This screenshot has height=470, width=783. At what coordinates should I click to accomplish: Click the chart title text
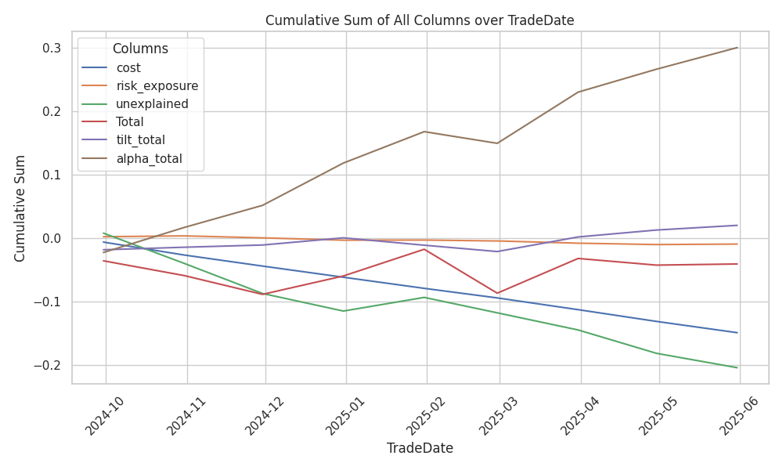[x=420, y=20]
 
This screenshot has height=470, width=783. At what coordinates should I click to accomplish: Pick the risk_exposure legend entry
[x=157, y=86]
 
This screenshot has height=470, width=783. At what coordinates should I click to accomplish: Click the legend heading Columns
[x=140, y=49]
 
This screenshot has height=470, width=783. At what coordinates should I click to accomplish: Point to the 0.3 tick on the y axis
[x=52, y=49]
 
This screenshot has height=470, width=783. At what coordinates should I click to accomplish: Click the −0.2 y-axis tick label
[x=48, y=365]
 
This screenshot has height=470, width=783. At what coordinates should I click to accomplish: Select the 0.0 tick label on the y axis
[x=52, y=238]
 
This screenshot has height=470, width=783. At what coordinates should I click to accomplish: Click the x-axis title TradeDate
[x=420, y=448]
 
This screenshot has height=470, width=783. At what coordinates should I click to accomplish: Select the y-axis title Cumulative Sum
[x=21, y=208]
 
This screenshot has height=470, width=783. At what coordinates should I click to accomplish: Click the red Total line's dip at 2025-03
[x=497, y=293]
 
